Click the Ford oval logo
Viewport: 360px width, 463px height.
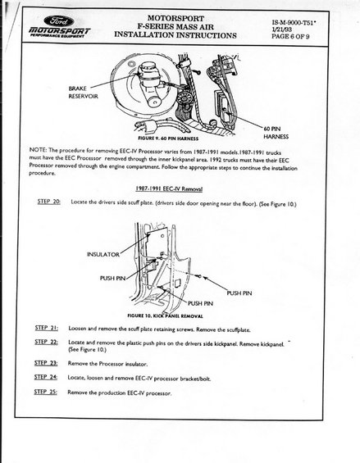point(59,21)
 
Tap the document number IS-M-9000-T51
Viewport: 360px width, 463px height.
point(294,22)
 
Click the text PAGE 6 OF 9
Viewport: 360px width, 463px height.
point(290,37)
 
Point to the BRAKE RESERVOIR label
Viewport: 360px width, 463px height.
point(83,93)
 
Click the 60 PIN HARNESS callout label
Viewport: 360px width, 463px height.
point(276,133)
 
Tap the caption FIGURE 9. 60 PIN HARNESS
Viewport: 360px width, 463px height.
point(168,138)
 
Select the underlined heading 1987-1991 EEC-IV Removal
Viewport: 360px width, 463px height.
point(169,188)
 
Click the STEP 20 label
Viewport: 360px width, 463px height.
point(49,202)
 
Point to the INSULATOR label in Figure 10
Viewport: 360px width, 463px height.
point(103,254)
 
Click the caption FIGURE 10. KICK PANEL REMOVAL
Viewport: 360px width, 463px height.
point(165,315)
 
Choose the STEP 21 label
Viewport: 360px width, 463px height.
point(47,328)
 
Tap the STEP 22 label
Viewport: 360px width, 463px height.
point(46,342)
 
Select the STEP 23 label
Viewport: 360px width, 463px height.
point(46,363)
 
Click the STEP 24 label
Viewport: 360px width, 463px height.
point(46,377)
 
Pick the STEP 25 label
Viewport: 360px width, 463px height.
point(46,392)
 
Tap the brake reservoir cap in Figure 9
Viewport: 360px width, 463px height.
point(149,68)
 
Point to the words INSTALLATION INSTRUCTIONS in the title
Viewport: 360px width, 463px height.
point(175,35)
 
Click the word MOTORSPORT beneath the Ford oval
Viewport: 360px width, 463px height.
point(60,30)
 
